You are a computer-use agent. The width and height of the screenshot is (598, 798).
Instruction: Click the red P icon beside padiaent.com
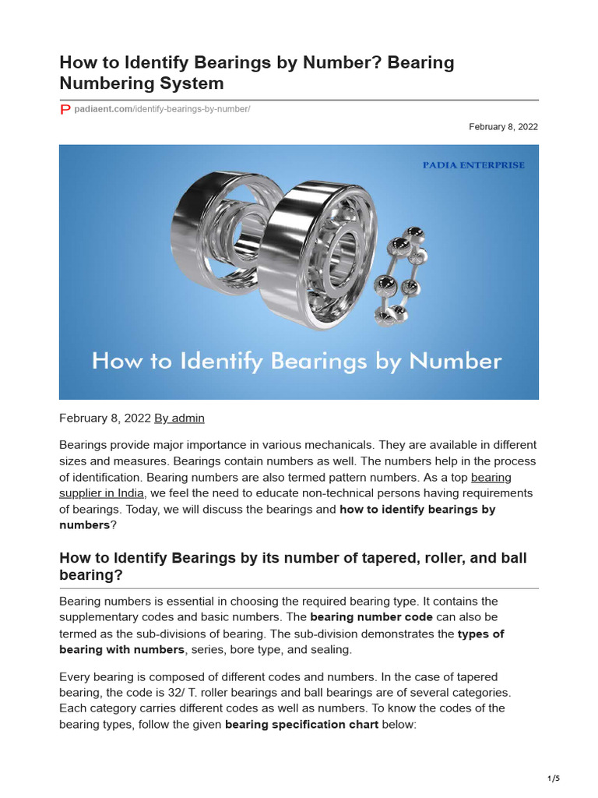pyautogui.click(x=65, y=110)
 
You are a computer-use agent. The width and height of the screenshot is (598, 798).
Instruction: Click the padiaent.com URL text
pyautogui.click(x=162, y=110)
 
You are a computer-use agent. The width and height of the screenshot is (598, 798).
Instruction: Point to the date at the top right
pyautogui.click(x=503, y=126)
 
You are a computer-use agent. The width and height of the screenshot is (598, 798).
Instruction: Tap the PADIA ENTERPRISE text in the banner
pyautogui.click(x=473, y=165)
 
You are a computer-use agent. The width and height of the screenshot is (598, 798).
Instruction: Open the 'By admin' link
pyautogui.click(x=179, y=418)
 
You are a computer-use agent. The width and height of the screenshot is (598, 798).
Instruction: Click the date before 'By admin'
pyautogui.click(x=105, y=418)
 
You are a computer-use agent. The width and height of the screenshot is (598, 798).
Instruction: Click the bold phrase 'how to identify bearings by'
pyautogui.click(x=417, y=509)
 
